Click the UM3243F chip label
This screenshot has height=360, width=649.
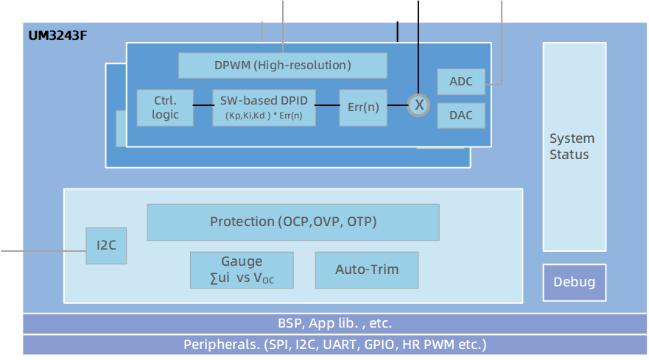(x=58, y=35)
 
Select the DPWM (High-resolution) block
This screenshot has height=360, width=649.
(x=283, y=66)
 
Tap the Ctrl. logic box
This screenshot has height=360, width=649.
(x=165, y=107)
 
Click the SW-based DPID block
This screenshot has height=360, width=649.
(x=264, y=100)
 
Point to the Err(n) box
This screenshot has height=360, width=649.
(x=363, y=107)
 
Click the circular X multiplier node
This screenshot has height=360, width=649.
(x=419, y=105)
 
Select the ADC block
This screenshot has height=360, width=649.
(x=461, y=82)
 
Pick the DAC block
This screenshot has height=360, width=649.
(x=461, y=116)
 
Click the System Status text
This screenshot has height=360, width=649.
(x=572, y=147)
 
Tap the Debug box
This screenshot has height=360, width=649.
(x=574, y=283)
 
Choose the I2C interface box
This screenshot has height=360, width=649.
(x=106, y=246)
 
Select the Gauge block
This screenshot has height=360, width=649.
(x=242, y=270)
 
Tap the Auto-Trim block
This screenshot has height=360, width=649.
(x=367, y=269)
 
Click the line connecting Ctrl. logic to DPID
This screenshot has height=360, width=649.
(x=203, y=105)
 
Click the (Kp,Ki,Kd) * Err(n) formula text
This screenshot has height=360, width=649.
(x=264, y=116)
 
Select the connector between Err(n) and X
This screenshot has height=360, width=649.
(x=398, y=105)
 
